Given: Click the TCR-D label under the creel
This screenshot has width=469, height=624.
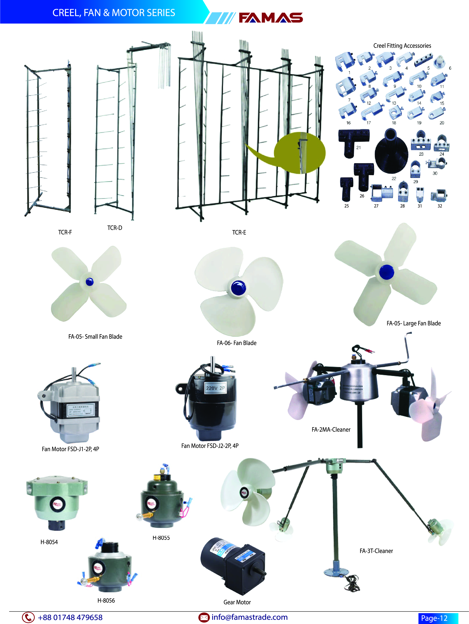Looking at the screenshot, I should point(114,228).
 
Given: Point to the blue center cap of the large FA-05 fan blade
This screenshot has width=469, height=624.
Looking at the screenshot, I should point(386,272).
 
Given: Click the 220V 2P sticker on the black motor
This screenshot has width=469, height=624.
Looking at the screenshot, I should point(215,388).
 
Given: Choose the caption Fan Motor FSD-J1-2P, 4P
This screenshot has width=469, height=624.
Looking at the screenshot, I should point(70,449).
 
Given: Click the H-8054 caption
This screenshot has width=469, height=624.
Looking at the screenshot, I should point(49,542).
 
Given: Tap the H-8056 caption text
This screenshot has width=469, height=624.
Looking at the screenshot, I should point(106,600).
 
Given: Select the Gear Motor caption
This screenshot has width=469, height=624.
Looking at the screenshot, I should point(237,602).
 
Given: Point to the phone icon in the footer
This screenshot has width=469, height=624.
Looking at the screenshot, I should point(28,617).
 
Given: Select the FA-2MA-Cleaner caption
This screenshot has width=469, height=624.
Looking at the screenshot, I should point(331,429).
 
